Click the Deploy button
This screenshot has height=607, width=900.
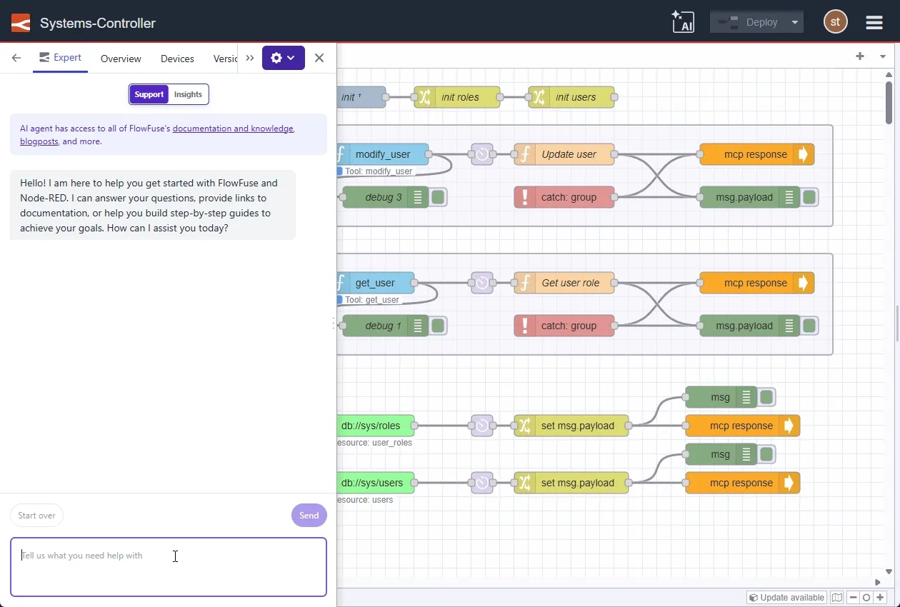pyautogui.click(x=747, y=22)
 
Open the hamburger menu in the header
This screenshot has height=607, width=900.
pyautogui.click(x=874, y=23)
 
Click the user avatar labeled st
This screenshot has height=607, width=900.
pyautogui.click(x=835, y=22)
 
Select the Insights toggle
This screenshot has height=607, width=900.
pyautogui.click(x=188, y=94)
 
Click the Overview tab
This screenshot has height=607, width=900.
pyautogui.click(x=121, y=59)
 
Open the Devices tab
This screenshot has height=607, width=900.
pyautogui.click(x=177, y=59)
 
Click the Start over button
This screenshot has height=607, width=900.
pyautogui.click(x=36, y=516)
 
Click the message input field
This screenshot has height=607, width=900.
pyautogui.click(x=169, y=567)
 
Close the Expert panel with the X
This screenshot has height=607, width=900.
pyautogui.click(x=319, y=58)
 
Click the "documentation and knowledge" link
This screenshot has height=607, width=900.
pyautogui.click(x=233, y=129)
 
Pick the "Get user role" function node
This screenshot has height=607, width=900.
pyautogui.click(x=570, y=283)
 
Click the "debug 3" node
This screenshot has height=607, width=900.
pyautogui.click(x=383, y=197)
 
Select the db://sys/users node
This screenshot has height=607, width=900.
pyautogui.click(x=373, y=483)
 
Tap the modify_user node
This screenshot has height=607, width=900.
pyautogui.click(x=383, y=154)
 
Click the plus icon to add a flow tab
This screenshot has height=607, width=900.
pyautogui.click(x=860, y=56)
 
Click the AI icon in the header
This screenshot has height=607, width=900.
pyautogui.click(x=683, y=22)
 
